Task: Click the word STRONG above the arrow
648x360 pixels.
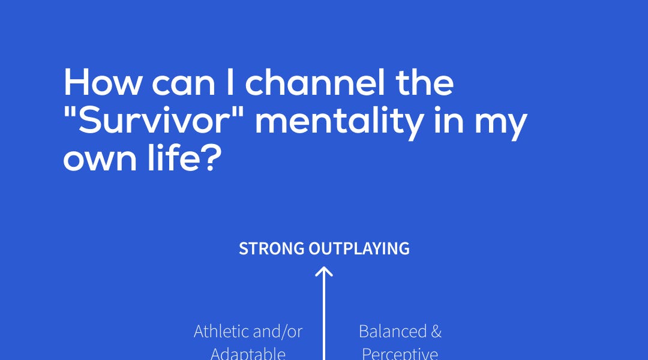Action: pos(272,248)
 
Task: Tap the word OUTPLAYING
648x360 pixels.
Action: pos(359,248)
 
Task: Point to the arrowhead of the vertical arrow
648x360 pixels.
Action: pos(324,272)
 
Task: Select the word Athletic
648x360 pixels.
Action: pos(225,331)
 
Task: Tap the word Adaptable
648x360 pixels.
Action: pos(248,353)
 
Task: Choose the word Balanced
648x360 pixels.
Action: pos(392,331)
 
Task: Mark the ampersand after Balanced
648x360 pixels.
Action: pos(436,331)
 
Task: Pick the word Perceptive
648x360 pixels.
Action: pos(400,353)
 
